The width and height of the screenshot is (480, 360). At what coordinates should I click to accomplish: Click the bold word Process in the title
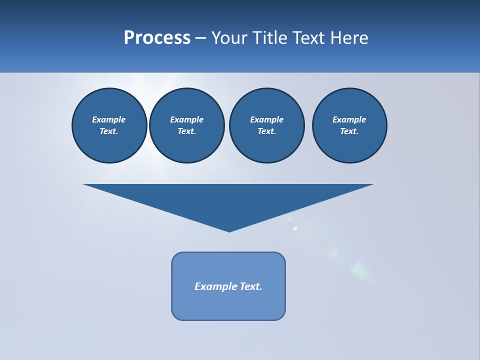coord(157,38)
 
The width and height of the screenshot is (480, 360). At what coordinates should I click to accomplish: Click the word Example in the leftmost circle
coord(109,119)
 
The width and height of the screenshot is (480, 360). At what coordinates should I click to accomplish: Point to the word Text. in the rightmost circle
coord(349,131)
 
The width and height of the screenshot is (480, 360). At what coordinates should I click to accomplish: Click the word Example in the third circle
coord(267,119)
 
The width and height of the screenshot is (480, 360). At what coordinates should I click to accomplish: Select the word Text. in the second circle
coord(187,131)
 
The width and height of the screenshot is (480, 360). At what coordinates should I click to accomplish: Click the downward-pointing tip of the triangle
coord(229,230)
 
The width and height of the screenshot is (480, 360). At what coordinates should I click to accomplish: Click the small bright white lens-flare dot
coord(295,228)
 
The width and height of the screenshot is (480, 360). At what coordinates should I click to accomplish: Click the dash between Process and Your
coord(200,38)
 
